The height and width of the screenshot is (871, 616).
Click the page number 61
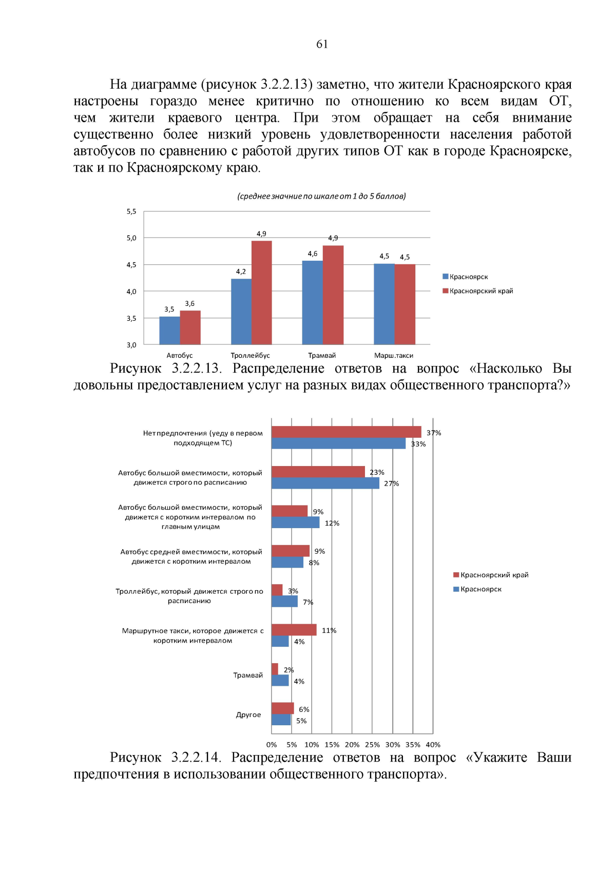point(322,44)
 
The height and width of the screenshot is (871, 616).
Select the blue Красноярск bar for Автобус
point(169,331)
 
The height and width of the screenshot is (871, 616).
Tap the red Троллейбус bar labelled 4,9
point(261,293)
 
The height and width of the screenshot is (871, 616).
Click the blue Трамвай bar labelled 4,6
point(312,302)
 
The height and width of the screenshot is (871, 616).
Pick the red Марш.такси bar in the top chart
point(405,304)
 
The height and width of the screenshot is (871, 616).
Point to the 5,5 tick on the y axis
point(131,211)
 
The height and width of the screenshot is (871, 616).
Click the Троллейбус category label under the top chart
point(250,355)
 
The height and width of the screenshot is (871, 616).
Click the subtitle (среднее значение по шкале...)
point(321,196)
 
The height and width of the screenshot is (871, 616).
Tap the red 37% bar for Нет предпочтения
point(346,432)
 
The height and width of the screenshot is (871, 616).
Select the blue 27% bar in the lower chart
point(325,483)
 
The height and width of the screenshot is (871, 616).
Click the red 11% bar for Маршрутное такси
point(294,630)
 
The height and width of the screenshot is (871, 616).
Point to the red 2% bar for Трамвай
point(275,669)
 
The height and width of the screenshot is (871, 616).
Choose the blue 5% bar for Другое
point(281,720)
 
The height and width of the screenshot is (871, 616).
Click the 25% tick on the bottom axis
point(372,745)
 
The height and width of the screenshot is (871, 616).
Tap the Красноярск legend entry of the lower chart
point(480,589)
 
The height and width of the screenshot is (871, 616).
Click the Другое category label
point(248,714)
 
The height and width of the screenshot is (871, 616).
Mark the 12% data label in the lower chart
point(332,523)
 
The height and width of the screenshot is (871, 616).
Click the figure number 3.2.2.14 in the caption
point(196,758)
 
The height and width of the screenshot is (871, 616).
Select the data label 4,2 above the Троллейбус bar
point(241,272)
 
